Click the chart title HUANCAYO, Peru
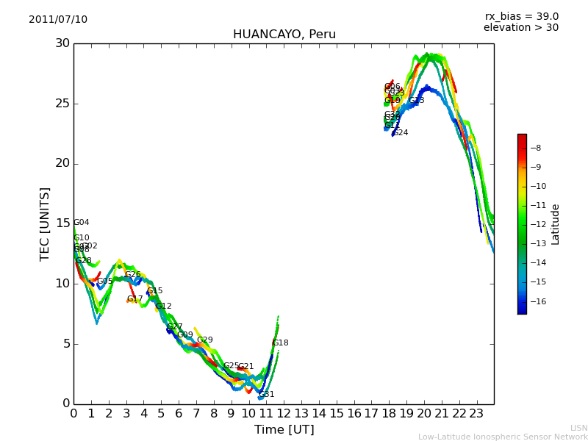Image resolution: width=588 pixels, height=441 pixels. (x=284, y=35)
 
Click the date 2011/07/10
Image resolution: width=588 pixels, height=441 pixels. (x=58, y=20)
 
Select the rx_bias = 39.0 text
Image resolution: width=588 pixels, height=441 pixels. (x=521, y=17)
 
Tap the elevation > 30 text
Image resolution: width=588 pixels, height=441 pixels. (x=520, y=28)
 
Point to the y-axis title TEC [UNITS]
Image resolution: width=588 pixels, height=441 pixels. (x=46, y=223)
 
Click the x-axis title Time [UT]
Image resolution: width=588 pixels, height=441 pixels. (x=284, y=430)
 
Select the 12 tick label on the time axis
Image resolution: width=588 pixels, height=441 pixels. (x=284, y=413)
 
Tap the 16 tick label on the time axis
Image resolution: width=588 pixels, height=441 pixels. (x=354, y=413)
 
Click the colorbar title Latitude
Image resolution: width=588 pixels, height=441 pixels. (x=556, y=224)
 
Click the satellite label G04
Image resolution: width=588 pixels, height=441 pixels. (x=81, y=223)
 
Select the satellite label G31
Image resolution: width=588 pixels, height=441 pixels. (x=266, y=395)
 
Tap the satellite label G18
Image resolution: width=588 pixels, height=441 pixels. (x=280, y=343)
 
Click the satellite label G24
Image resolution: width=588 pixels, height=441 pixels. (x=400, y=133)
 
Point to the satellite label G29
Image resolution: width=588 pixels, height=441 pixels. (x=204, y=340)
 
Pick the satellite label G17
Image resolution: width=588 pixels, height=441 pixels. (x=135, y=299)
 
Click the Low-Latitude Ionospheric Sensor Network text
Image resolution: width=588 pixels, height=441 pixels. (x=503, y=437)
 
